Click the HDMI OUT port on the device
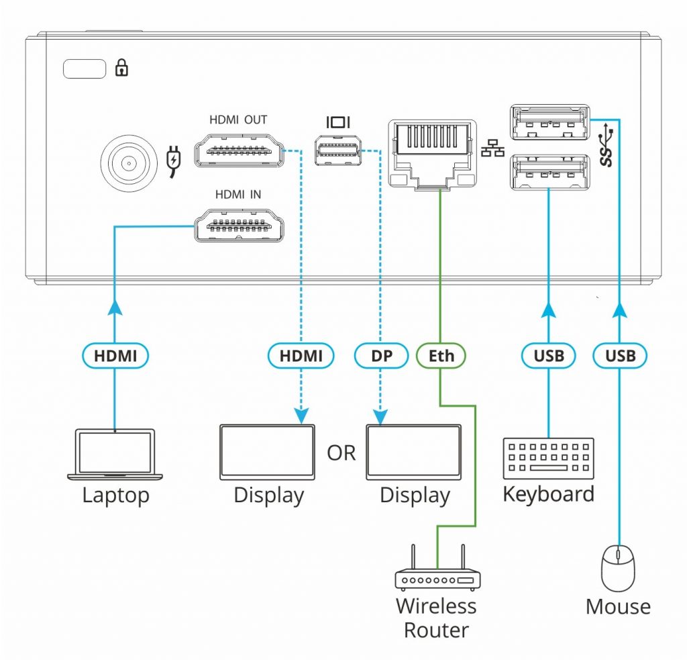(238, 150)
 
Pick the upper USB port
(549, 124)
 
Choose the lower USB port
(549, 173)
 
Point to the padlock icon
(122, 68)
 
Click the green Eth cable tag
(441, 355)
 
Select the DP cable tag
(380, 355)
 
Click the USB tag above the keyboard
(548, 355)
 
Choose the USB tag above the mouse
(620, 355)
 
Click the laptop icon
(115, 455)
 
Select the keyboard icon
(548, 459)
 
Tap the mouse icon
(618, 567)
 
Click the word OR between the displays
(341, 453)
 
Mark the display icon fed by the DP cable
(413, 452)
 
